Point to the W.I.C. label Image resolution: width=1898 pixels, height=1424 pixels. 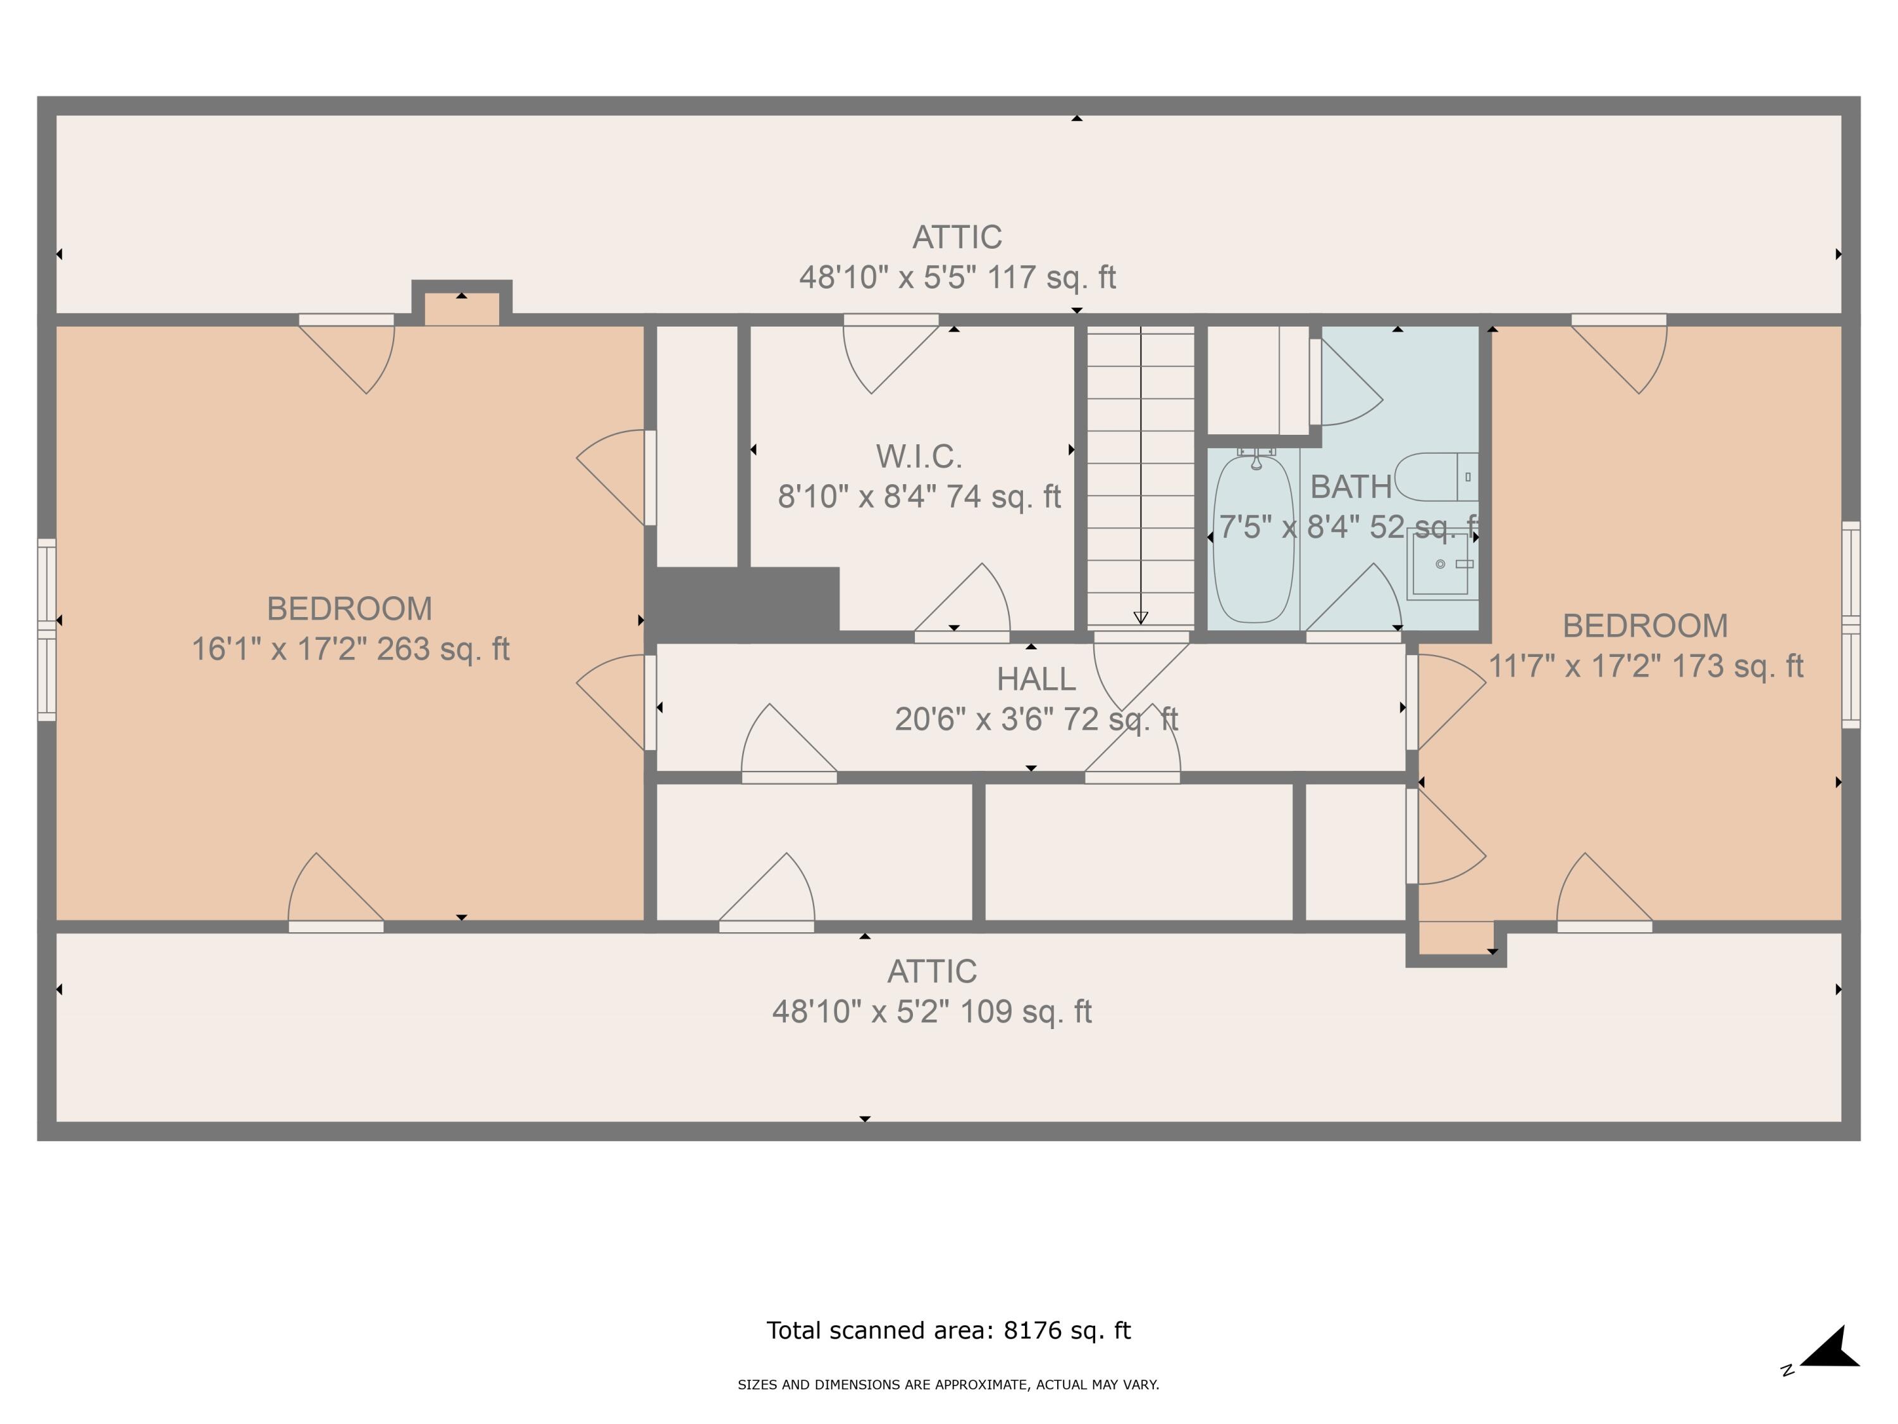[919, 457]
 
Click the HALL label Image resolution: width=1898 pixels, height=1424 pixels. [1036, 679]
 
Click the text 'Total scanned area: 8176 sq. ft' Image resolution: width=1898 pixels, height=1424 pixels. [948, 1330]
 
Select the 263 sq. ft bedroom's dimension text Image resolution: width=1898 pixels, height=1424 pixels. [350, 649]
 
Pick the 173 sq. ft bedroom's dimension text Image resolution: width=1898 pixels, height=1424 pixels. [1645, 666]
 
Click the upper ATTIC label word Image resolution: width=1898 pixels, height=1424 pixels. [957, 237]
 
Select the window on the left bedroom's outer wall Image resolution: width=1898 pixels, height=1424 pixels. [46, 629]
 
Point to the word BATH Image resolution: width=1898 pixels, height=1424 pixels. [1351, 487]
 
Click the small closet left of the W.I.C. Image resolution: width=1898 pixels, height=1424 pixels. [697, 446]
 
